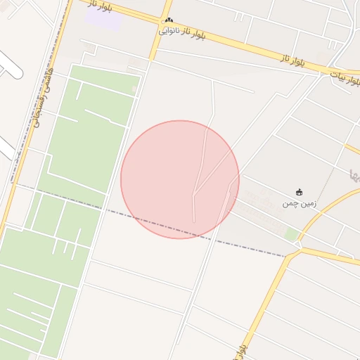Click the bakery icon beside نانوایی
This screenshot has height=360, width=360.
(169, 21)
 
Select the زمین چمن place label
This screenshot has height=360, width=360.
(300, 203)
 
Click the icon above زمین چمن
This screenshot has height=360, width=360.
(300, 192)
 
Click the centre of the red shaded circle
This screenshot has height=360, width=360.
(180, 179)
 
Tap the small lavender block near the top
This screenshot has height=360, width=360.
(103, 19)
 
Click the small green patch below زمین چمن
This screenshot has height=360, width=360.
(291, 233)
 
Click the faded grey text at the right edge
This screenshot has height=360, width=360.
(354, 173)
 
